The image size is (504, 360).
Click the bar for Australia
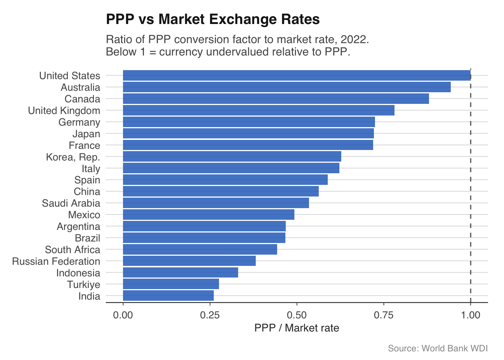pos(286,87)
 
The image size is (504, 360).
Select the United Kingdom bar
pos(259,110)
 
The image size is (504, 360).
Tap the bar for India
pos(168,296)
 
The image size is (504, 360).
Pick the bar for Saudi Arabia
pos(216,203)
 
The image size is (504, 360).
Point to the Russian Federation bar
pos(189,261)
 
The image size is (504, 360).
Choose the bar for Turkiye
pos(171,284)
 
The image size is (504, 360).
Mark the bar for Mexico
pos(208,214)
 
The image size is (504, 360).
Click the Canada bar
pos(276,99)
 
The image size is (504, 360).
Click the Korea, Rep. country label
pos(73,157)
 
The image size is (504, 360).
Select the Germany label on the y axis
pos(79,122)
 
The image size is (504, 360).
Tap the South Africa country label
pos(72,250)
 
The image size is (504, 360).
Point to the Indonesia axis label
pos(78,273)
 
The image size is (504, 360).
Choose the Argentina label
pos(78,226)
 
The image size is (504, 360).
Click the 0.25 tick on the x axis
pos(210,315)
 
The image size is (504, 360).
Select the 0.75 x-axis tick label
pos(384,315)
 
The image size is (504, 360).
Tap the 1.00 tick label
pos(471,315)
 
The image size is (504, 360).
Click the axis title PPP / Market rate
pos(297,328)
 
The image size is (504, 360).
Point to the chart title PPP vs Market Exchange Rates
pos(213,19)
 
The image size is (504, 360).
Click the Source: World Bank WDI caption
pos(438,348)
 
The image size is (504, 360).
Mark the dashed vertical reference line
pos(471,187)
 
